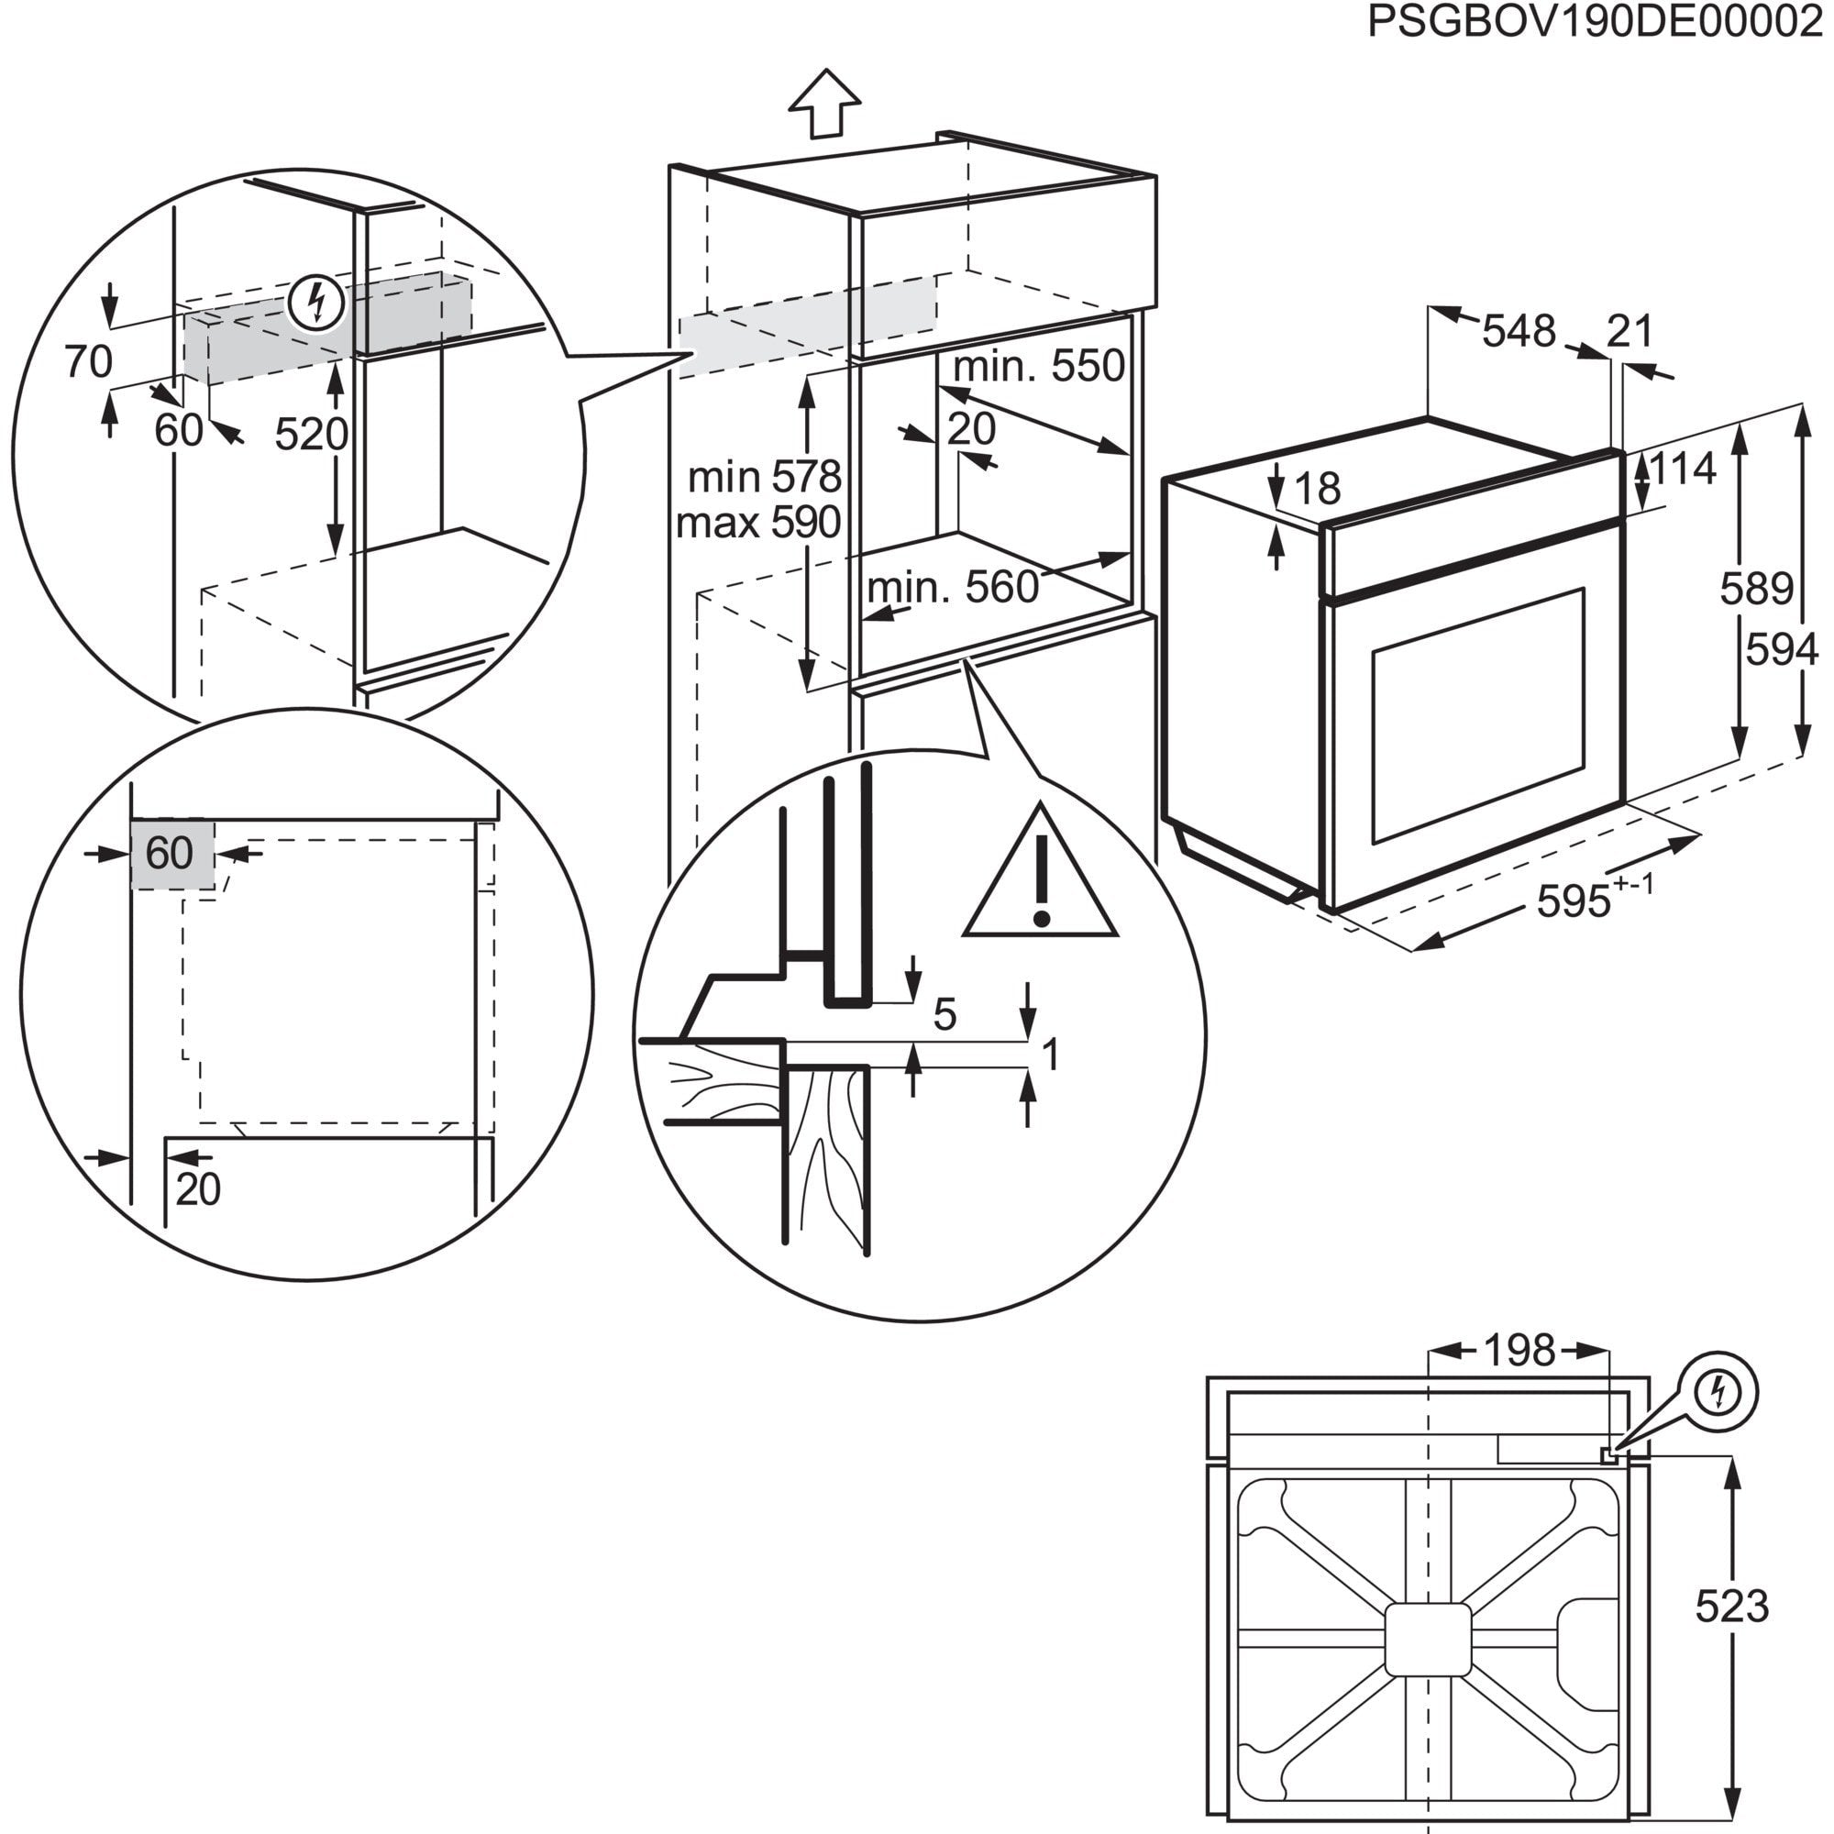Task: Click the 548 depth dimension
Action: (1519, 331)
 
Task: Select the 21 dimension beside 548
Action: (1630, 331)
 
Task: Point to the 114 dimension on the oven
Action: (1683, 468)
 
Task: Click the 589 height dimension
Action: (1756, 590)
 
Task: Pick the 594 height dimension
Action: (1782, 650)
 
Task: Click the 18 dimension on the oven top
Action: (1317, 489)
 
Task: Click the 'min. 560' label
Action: (952, 589)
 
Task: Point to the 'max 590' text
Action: (758, 522)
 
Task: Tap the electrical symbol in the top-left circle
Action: (316, 302)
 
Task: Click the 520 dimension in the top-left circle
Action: (312, 435)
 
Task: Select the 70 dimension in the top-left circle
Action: (88, 361)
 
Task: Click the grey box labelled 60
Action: (171, 855)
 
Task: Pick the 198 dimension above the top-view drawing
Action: (1519, 1350)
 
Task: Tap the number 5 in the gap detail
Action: (945, 1015)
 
